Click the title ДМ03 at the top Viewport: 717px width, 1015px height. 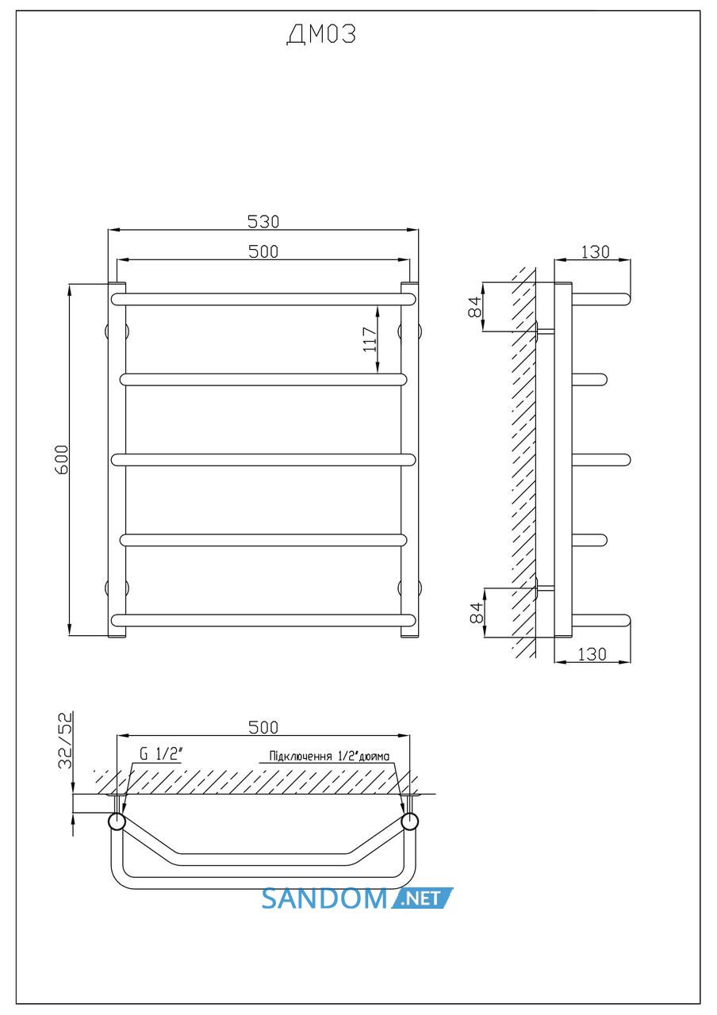(321, 34)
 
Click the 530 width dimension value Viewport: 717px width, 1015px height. (263, 221)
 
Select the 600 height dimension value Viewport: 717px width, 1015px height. (62, 459)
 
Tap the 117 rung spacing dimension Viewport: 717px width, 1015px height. (370, 339)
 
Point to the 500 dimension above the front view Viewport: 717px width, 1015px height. (263, 251)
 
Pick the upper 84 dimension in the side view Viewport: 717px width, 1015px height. (475, 307)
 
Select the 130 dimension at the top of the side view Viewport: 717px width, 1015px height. (595, 252)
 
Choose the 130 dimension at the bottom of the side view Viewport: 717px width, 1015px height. (592, 654)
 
